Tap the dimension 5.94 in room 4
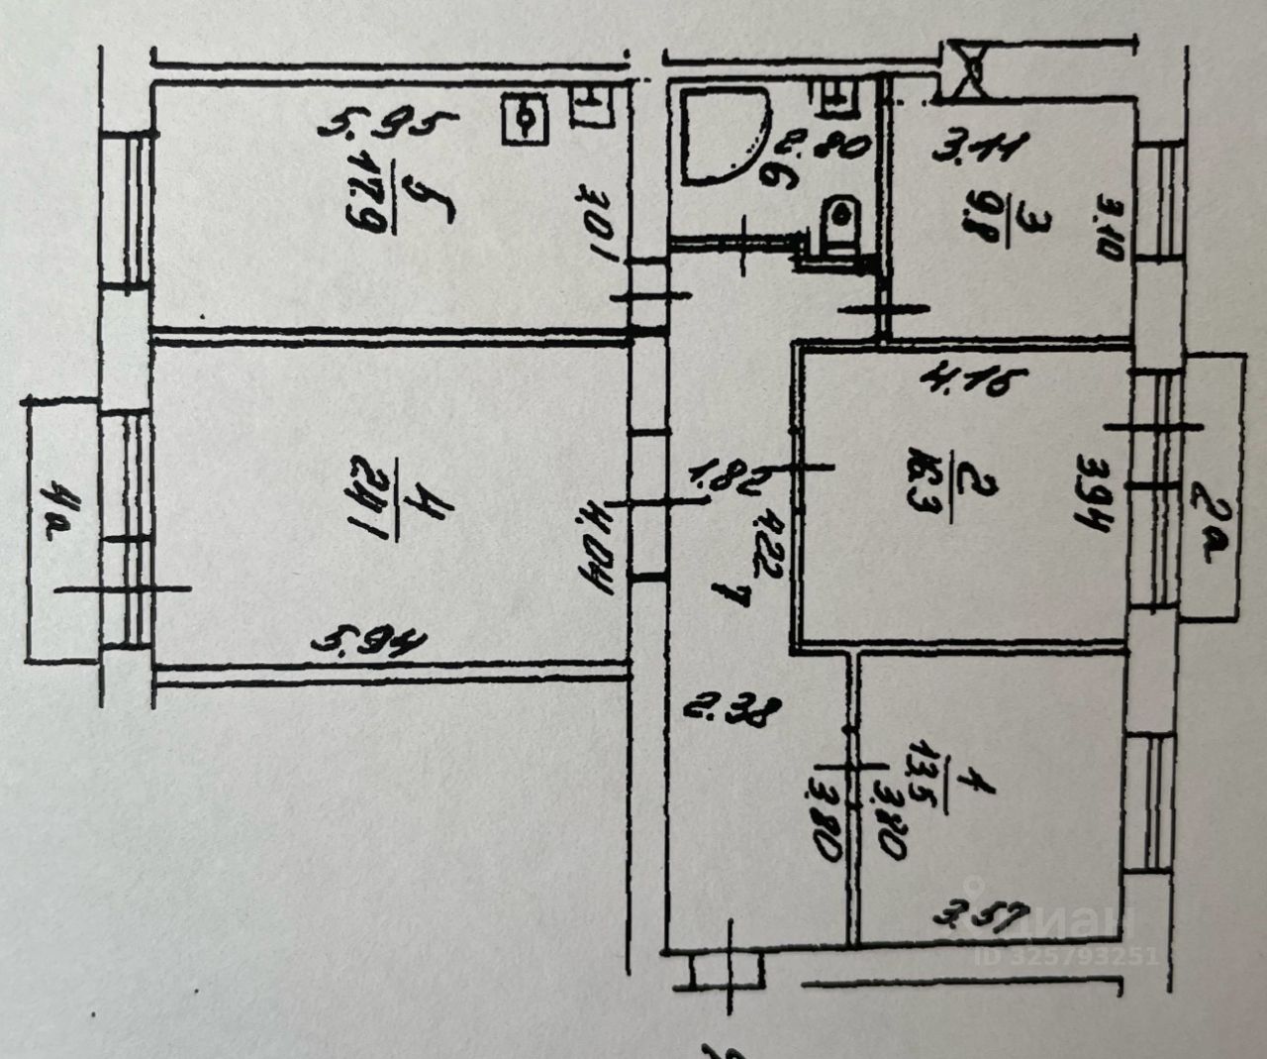[369, 645]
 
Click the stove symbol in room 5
[528, 120]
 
